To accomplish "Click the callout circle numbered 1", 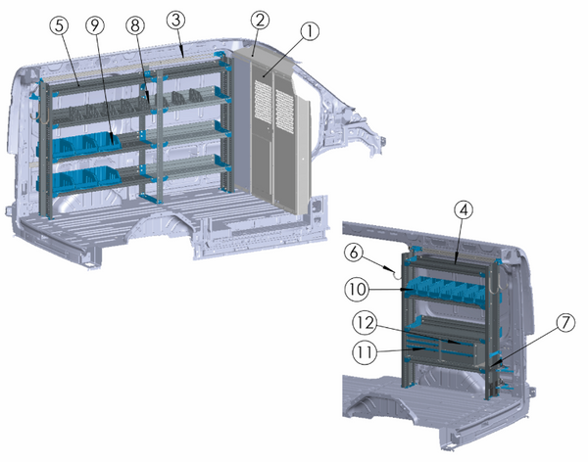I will point(311,31).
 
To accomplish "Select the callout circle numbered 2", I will point(259,21).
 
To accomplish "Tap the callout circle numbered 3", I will point(175,20).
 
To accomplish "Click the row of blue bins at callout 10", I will point(451,286).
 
